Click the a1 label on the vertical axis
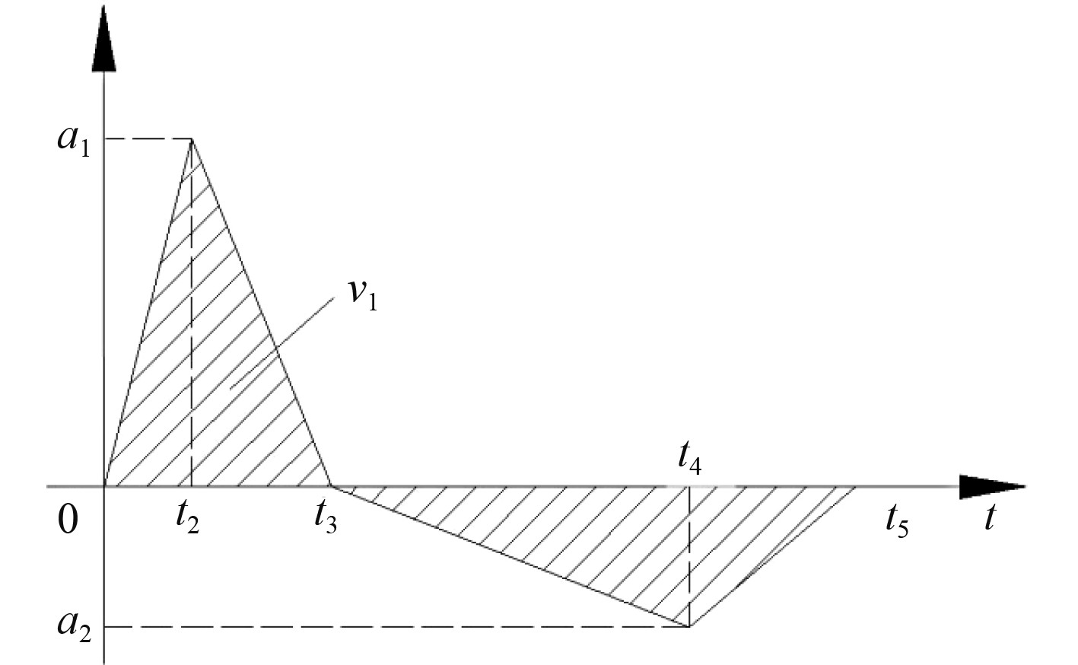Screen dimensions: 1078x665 pos(74,142)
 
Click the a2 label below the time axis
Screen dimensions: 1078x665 pos(75,626)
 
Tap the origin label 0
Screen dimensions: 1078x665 pos(68,521)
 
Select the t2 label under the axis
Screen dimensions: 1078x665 pos(186,519)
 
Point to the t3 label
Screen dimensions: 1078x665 pos(325,519)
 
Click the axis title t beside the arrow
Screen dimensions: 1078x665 pos(989,517)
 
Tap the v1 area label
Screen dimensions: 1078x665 pos(363,294)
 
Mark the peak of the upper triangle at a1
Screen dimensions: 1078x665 pos(192,139)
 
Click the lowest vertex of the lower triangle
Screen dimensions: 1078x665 pos(689,626)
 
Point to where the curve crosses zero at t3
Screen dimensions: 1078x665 pos(331,485)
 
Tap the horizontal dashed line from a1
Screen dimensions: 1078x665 pos(148,139)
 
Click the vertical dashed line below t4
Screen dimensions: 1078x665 pos(689,555)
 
